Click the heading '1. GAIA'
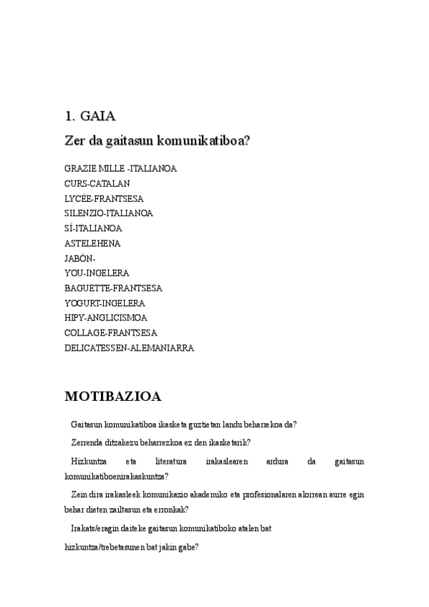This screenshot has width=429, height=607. coord(90,115)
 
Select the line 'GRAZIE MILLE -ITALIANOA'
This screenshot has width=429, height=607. coord(120,168)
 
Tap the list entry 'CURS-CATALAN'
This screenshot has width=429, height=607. coord(97,183)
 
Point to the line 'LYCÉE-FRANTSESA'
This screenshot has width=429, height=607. coord(104,198)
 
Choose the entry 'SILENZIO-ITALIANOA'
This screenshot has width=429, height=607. coord(108,213)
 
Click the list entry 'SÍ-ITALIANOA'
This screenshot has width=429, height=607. coord(93,228)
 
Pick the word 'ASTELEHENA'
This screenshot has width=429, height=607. coord(92,243)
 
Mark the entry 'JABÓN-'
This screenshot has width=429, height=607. coord(79,258)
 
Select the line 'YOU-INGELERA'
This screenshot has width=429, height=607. coord(97,273)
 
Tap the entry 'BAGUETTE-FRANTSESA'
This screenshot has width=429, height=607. coord(113,288)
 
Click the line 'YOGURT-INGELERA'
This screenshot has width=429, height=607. coord(105,303)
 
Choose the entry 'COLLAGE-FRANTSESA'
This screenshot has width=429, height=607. coord(111,333)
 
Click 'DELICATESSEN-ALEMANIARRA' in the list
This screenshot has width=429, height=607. coord(129,348)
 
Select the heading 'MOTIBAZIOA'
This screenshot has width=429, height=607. coord(113,396)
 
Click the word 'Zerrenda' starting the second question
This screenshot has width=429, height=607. coord(87,442)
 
